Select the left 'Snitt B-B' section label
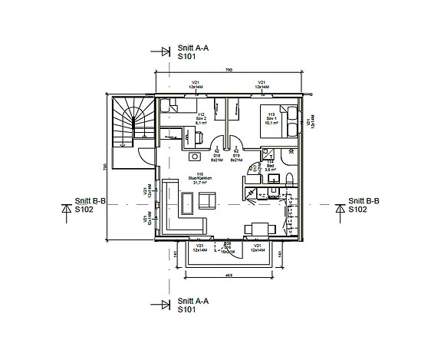pos(89,206)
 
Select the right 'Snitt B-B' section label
pos(364,206)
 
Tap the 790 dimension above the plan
pos(228,71)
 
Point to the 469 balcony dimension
pos(228,274)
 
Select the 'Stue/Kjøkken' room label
pos(204,180)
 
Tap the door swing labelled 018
pos(219,146)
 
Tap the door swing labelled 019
pos(237,146)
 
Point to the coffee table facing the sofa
pos(207,201)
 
